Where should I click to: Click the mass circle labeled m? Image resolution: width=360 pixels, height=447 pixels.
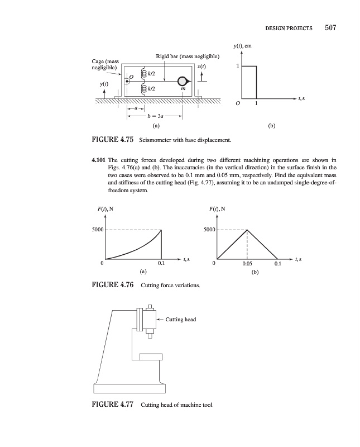click(x=183, y=81)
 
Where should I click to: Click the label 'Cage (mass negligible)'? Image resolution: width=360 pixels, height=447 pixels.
click(x=104, y=63)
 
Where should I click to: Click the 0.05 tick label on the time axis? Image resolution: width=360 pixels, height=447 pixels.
click(x=247, y=263)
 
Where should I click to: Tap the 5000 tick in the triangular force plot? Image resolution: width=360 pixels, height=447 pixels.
click(x=208, y=230)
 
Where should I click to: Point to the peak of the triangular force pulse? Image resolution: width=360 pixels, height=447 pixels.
click(x=247, y=230)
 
